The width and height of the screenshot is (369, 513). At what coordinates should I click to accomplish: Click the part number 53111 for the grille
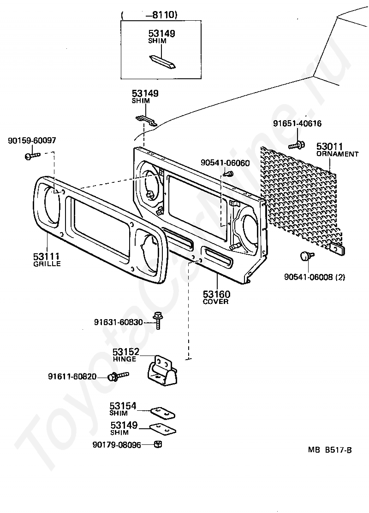click(x=47, y=256)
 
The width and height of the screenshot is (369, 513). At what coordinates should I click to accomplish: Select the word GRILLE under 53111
click(x=47, y=264)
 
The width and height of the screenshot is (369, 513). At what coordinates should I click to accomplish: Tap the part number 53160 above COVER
click(x=217, y=294)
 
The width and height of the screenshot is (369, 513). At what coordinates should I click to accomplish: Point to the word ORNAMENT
click(x=337, y=154)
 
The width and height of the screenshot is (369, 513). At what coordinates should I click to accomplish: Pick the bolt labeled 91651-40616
click(x=298, y=145)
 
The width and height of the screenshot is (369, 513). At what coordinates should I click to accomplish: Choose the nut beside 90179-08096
click(x=157, y=444)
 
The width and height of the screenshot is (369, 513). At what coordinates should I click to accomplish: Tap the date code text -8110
click(x=161, y=15)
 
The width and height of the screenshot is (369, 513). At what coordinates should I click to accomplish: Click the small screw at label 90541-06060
click(x=227, y=174)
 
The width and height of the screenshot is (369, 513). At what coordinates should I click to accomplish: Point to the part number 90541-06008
click(x=309, y=277)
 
